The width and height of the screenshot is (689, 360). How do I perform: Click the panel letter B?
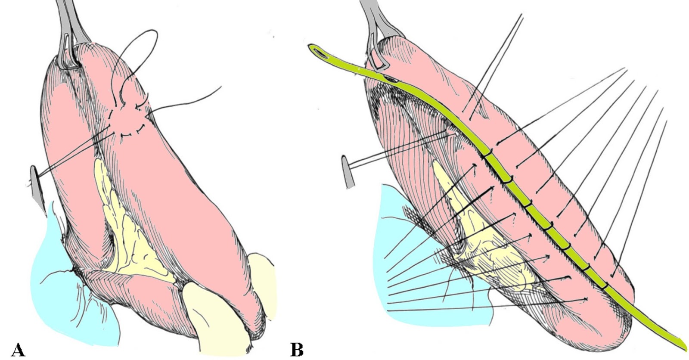[297, 349]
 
